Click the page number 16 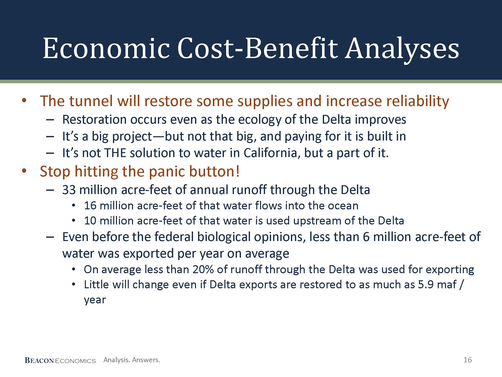468,360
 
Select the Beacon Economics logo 60,360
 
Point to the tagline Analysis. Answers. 132,360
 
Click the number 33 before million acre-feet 69,190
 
